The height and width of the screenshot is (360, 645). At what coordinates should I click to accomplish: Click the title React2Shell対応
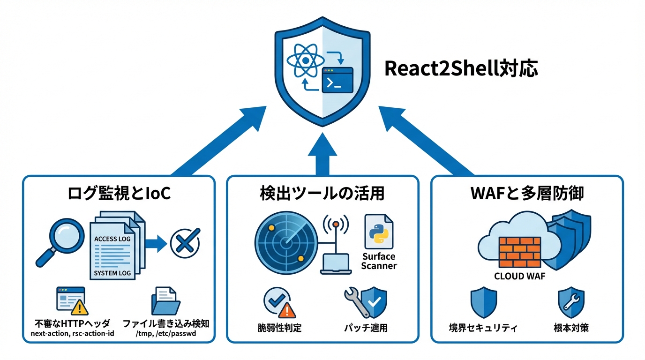click(461, 68)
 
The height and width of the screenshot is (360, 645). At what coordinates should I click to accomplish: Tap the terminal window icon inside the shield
click(337, 80)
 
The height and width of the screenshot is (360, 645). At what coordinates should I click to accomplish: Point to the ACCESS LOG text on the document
click(112, 239)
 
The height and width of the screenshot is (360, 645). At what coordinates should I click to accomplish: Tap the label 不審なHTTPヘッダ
click(72, 323)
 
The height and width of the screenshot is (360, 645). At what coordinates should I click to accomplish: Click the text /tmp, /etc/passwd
click(166, 334)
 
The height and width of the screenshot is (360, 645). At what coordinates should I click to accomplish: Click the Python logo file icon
click(379, 232)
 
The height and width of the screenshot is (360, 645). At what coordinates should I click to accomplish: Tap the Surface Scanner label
click(379, 261)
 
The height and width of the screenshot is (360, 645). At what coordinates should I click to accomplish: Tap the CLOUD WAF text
click(519, 276)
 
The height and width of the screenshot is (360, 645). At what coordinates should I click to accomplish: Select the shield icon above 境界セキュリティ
click(483, 303)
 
